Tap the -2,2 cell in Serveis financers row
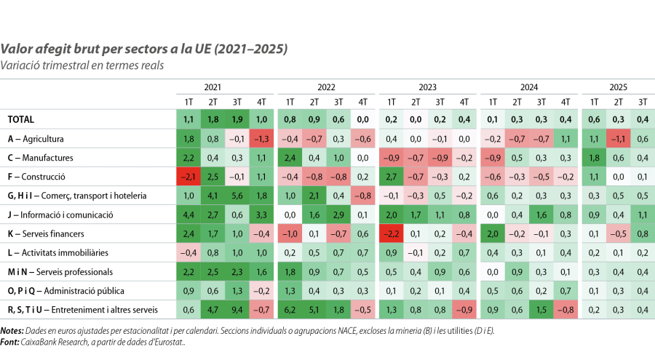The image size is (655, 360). point(392,234)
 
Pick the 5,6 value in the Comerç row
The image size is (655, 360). point(237,196)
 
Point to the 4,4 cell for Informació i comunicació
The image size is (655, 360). point(188,215)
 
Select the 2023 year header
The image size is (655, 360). point(427,86)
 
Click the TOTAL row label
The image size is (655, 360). point(21,119)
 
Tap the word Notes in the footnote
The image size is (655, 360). point(11,330)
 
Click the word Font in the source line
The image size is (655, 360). point(9,339)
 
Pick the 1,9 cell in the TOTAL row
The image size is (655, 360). point(237,119)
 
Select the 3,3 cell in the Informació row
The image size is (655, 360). point(262,215)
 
